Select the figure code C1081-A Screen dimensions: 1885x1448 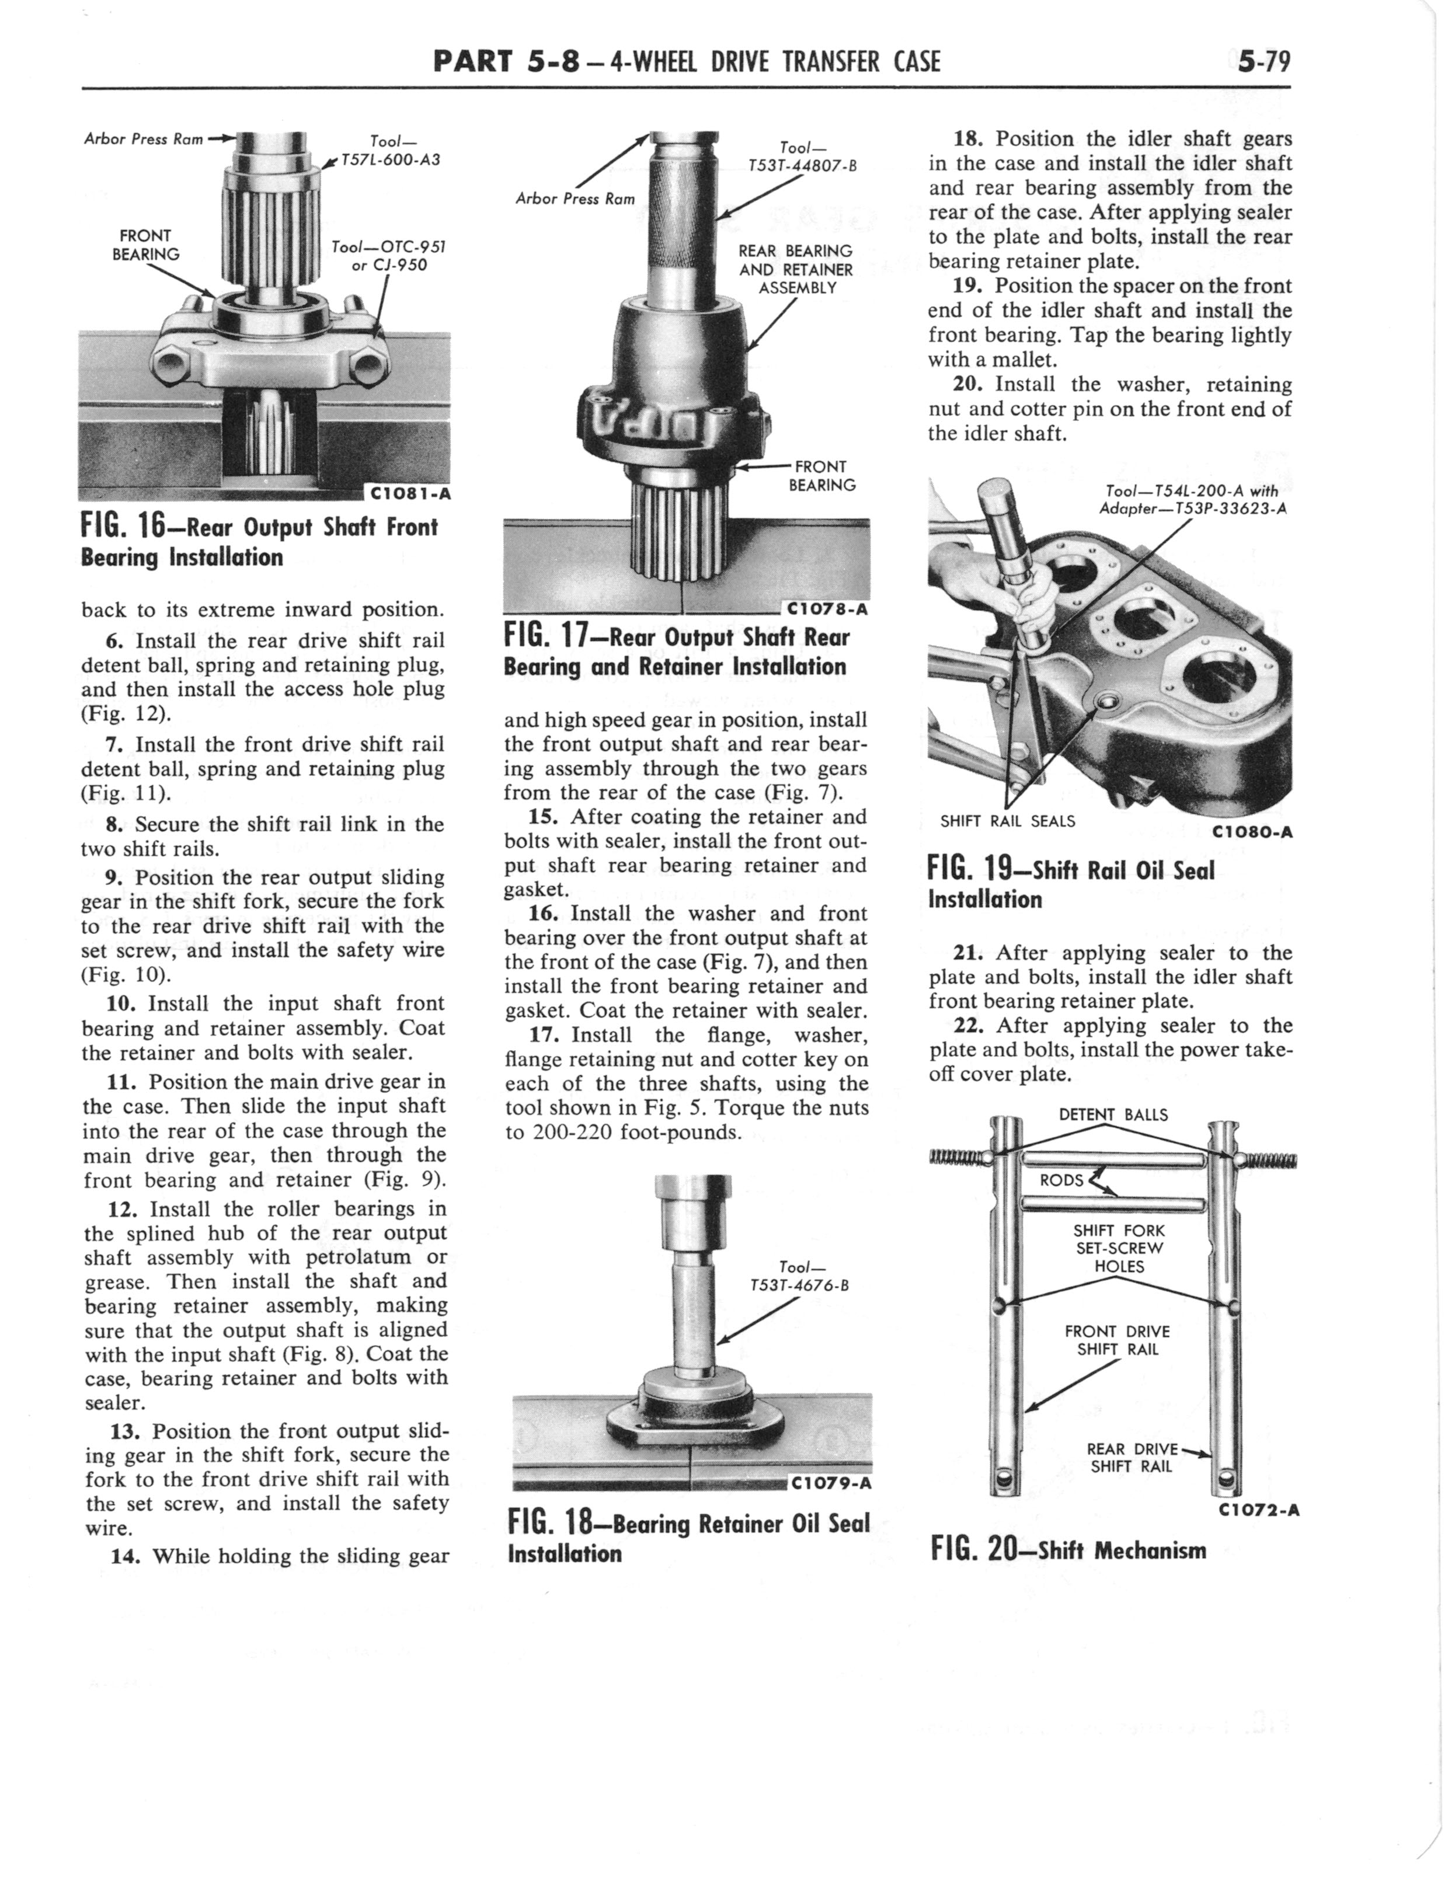coord(409,494)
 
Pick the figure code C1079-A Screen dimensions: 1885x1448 coord(830,1483)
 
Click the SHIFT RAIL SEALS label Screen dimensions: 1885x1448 coord(1008,821)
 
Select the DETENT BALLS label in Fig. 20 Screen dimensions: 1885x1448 coord(1113,1115)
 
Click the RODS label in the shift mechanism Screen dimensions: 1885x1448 coord(1060,1179)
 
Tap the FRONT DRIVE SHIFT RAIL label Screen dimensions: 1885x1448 coord(1117,1340)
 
